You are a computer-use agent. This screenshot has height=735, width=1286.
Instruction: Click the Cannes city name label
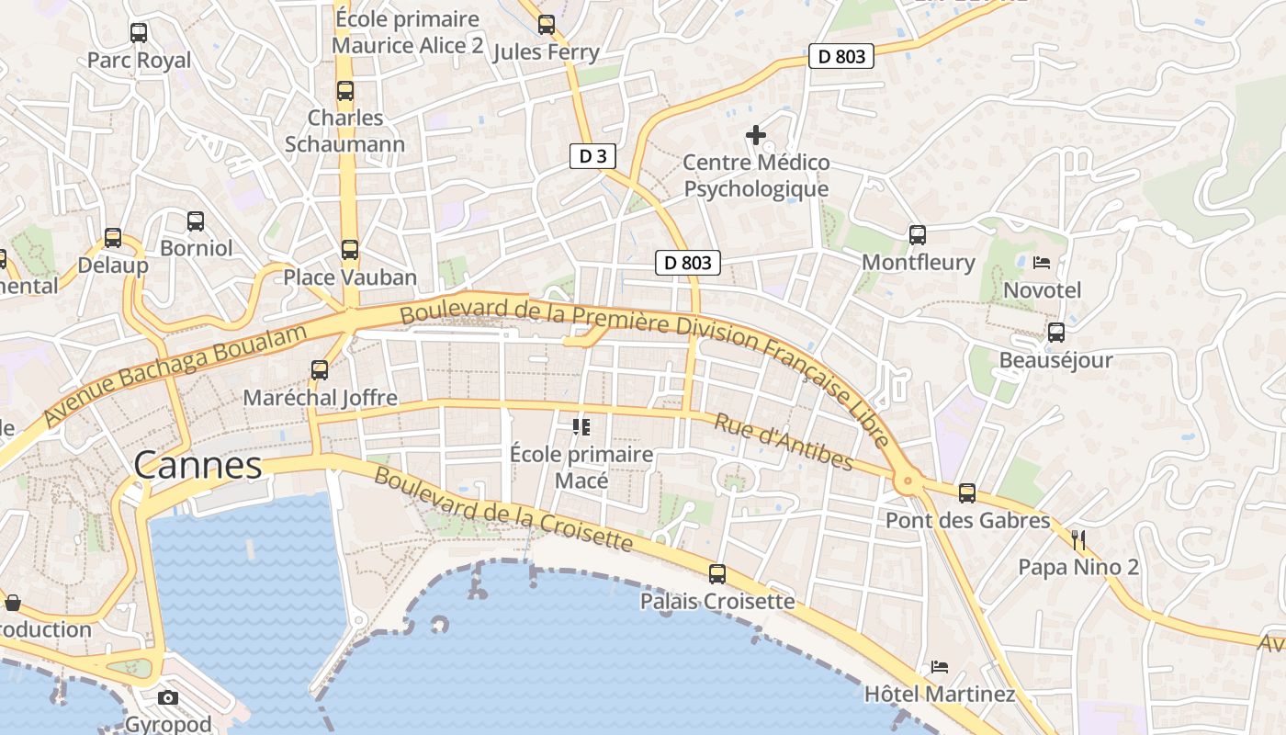pyautogui.click(x=198, y=466)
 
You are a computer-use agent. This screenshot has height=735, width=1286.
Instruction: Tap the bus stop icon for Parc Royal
pyautogui.click(x=139, y=33)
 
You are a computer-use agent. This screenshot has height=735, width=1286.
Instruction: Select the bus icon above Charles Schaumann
pyautogui.click(x=345, y=91)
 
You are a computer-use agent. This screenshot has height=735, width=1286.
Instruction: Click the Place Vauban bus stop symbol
pyautogui.click(x=350, y=250)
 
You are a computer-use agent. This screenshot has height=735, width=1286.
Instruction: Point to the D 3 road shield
pyautogui.click(x=592, y=156)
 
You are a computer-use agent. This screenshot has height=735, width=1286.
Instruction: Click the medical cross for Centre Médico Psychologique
pyautogui.click(x=756, y=136)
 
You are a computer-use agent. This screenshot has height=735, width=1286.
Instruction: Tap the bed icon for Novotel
pyautogui.click(x=1041, y=263)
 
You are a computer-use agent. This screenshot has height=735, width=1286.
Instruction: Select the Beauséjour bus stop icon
pyautogui.click(x=1056, y=333)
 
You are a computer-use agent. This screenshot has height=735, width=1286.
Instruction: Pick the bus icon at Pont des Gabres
pyautogui.click(x=967, y=493)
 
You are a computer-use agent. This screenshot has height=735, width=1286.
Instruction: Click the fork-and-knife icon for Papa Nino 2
pyautogui.click(x=1078, y=539)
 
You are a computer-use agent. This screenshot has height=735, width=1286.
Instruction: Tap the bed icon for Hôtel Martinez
pyautogui.click(x=940, y=666)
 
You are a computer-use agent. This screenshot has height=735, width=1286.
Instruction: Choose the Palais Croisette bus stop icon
pyautogui.click(x=717, y=574)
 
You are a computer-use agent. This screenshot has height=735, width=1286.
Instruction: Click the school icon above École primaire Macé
pyautogui.click(x=581, y=426)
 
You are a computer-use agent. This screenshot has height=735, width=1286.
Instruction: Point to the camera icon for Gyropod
pyautogui.click(x=168, y=697)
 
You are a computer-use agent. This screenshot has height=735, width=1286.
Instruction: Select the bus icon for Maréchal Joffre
pyautogui.click(x=320, y=370)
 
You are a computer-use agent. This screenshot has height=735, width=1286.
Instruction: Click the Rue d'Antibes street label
pyautogui.click(x=784, y=442)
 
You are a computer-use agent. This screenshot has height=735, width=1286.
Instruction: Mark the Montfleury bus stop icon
pyautogui.click(x=918, y=235)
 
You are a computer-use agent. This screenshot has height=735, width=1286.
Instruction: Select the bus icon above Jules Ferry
pyautogui.click(x=547, y=25)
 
